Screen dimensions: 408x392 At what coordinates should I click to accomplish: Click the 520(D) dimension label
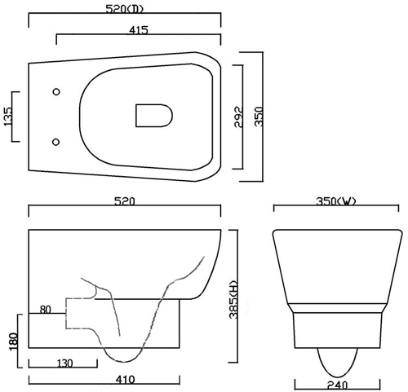click(x=124, y=9)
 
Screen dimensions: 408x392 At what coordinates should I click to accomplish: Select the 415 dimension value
click(x=139, y=30)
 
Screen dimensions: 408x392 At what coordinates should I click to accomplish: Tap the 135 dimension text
click(x=8, y=117)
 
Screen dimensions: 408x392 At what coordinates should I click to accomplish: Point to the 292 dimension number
click(x=238, y=117)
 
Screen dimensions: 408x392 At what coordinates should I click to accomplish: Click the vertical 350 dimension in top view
click(x=259, y=117)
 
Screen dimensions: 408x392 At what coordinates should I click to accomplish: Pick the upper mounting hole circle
click(x=56, y=92)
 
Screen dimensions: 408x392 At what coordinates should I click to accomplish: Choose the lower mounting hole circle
click(x=55, y=142)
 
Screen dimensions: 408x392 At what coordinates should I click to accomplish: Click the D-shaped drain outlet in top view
click(x=154, y=116)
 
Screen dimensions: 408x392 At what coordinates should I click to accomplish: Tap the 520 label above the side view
click(x=125, y=201)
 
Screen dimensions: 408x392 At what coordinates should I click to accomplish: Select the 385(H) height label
click(x=233, y=299)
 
